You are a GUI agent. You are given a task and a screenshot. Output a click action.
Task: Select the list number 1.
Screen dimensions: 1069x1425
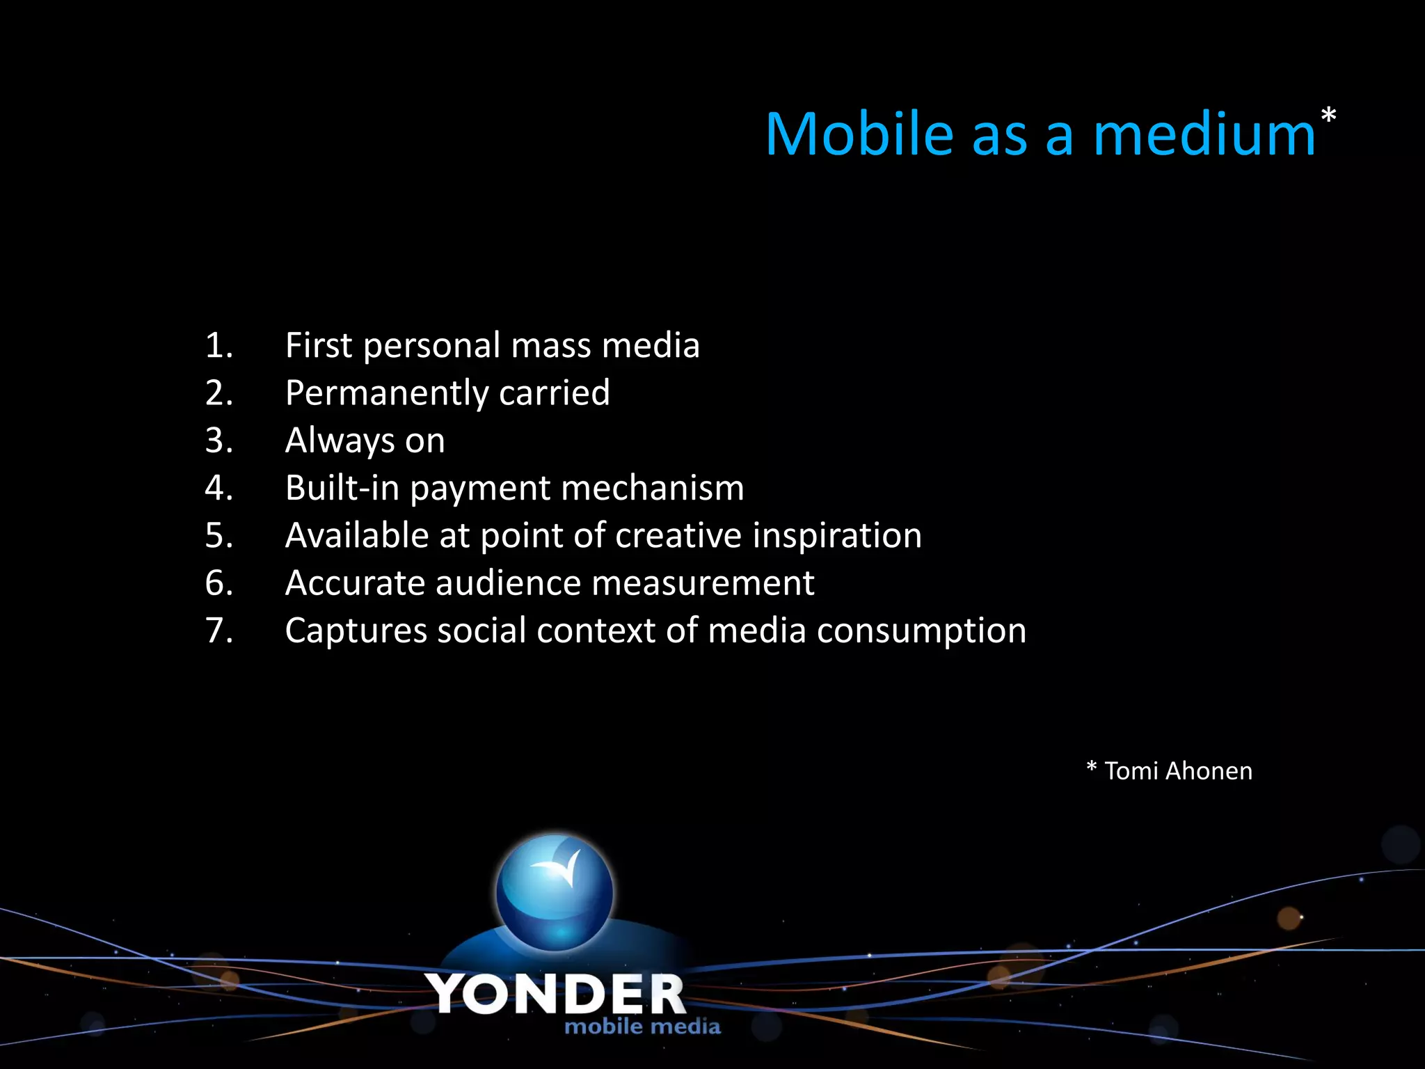tap(218, 346)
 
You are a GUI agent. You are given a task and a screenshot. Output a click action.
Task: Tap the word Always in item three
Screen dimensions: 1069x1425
tap(340, 441)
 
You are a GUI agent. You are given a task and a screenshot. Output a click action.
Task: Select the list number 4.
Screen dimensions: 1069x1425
tap(218, 488)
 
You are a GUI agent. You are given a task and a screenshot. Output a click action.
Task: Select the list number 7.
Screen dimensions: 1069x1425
tap(218, 631)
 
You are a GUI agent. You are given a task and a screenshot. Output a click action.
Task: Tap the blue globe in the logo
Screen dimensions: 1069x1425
tap(555, 893)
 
